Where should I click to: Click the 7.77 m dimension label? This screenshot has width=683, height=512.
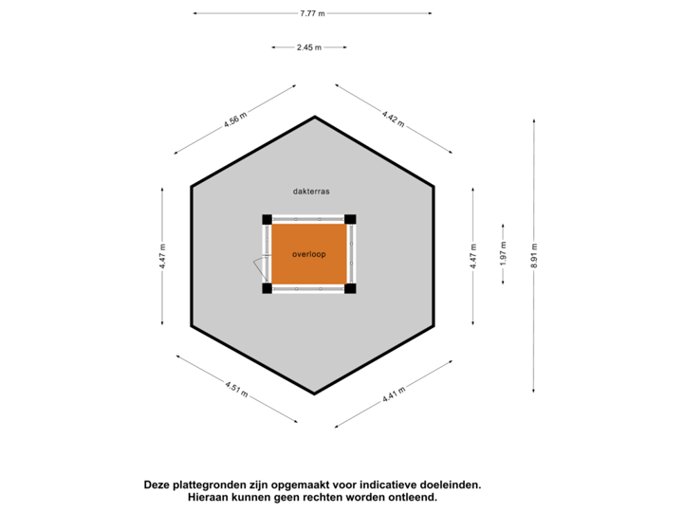tap(312, 13)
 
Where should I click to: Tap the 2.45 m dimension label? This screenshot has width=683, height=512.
tap(308, 46)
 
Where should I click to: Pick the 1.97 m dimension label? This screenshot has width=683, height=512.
tap(503, 254)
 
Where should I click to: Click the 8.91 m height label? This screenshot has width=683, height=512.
tap(534, 254)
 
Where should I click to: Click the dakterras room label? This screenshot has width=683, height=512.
tap(311, 191)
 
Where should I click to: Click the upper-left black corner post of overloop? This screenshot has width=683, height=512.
tap(268, 220)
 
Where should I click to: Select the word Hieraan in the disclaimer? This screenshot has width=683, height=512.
tap(207, 497)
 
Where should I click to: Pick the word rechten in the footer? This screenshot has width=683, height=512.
tap(325, 497)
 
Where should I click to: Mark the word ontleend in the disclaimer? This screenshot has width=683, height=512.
tap(415, 497)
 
